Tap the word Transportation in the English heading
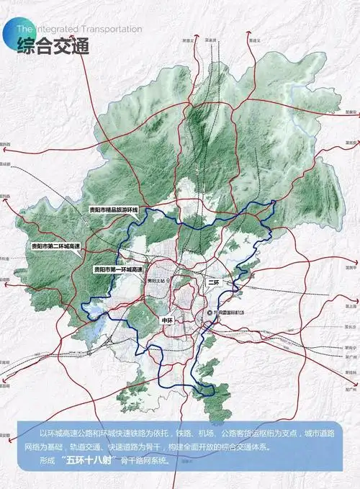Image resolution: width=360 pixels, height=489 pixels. [x=109, y=29]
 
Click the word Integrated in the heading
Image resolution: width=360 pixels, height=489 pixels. [x=55, y=29]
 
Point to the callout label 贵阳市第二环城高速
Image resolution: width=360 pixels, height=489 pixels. [x=58, y=246]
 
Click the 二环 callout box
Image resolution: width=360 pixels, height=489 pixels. [x=213, y=283]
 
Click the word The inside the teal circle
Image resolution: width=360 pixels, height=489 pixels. [x=24, y=29]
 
